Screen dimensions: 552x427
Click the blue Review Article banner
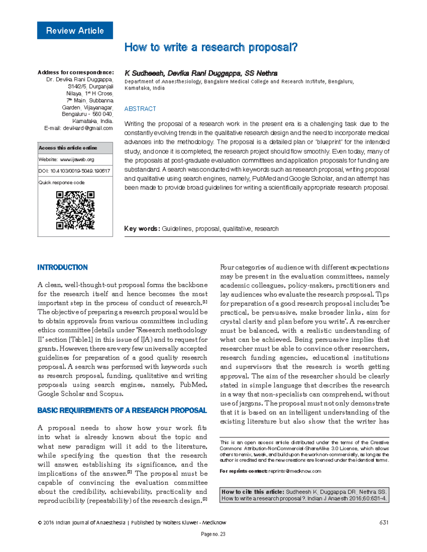point(75,31)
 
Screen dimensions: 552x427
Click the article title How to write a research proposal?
point(211,47)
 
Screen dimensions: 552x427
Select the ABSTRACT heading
point(140,109)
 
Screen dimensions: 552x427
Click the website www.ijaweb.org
point(77,160)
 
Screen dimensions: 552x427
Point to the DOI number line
point(74,171)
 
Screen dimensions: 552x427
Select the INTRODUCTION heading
point(62,267)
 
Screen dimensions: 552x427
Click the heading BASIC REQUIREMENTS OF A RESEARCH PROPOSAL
point(122,411)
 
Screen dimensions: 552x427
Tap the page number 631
point(384,522)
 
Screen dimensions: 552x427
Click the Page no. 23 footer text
point(213,534)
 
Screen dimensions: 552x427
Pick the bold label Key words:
point(142,229)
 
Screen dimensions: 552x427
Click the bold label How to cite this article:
point(253,492)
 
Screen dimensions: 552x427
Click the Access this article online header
point(68,148)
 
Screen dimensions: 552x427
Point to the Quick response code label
point(62,183)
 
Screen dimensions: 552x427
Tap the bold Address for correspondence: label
point(75,72)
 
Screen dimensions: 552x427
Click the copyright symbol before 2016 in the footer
point(39,523)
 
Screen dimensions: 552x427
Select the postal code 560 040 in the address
point(102,114)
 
